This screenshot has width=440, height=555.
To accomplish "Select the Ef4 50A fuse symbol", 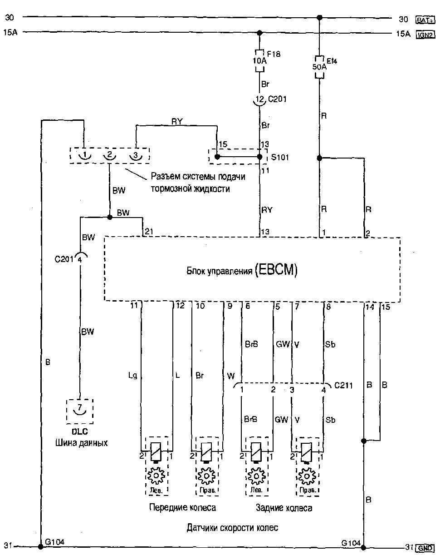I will [319, 66].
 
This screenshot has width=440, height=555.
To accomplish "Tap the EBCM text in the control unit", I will [276, 271].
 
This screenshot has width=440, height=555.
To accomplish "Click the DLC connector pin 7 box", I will [80, 411].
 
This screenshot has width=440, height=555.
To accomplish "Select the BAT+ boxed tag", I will [424, 19].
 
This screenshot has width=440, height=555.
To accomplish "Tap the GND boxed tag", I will [425, 547].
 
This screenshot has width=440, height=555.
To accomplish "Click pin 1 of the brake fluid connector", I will [84, 155].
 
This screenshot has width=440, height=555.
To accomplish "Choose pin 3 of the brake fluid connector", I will [135, 155].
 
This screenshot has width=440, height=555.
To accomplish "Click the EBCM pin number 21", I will [148, 232].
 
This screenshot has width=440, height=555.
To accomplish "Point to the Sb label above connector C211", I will [330, 345].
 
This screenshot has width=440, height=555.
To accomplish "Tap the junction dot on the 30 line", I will [319, 18].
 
